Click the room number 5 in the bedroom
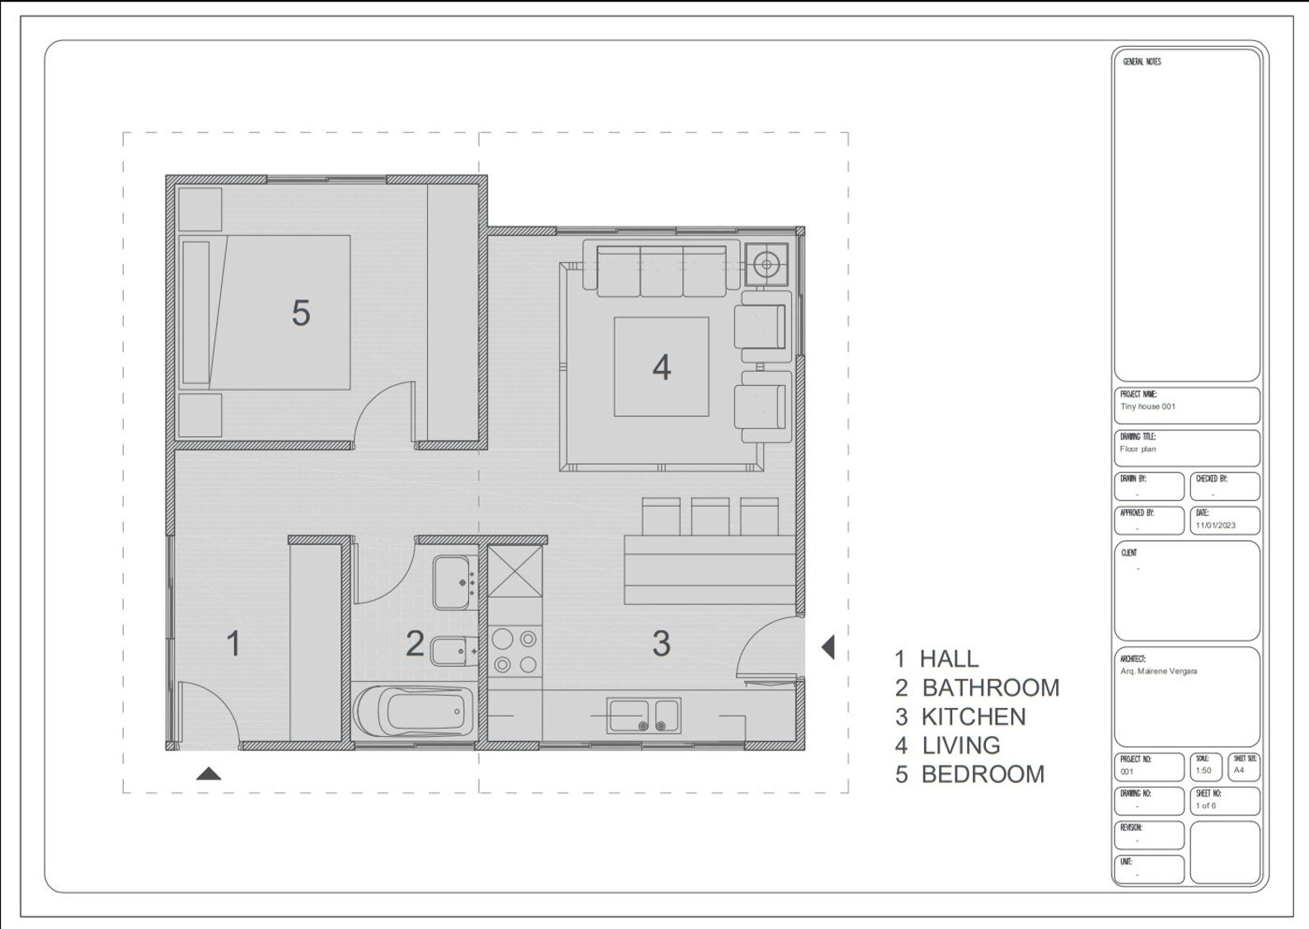(x=301, y=313)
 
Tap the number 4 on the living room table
(x=661, y=368)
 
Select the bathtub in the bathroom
(x=415, y=712)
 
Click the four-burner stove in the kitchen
(x=514, y=651)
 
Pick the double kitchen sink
(x=644, y=716)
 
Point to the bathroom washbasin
(x=454, y=582)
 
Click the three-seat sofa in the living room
(x=660, y=270)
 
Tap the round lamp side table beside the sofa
(x=767, y=264)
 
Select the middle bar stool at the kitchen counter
(x=710, y=517)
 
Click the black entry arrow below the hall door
(x=209, y=773)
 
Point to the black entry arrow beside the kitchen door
(x=828, y=647)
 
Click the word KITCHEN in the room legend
(x=973, y=717)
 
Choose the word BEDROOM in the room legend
(x=983, y=775)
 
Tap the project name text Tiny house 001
(x=1147, y=406)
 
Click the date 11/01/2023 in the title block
(x=1215, y=525)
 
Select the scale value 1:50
(x=1203, y=771)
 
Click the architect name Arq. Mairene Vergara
(x=1158, y=671)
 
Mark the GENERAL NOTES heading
(x=1142, y=62)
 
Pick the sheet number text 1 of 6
(x=1205, y=805)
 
